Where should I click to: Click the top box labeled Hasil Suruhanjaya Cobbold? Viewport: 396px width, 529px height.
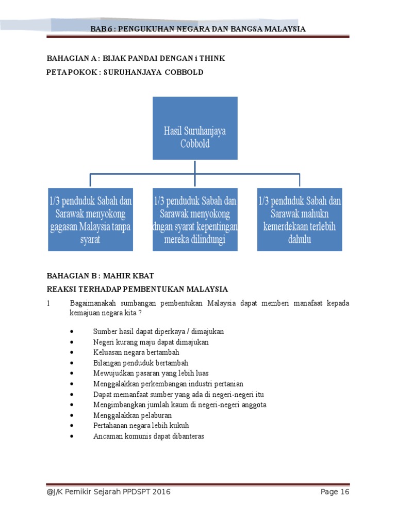click(x=195, y=128)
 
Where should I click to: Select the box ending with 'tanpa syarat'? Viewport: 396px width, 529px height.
click(x=90, y=220)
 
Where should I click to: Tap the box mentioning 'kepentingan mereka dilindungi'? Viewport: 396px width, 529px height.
click(x=195, y=220)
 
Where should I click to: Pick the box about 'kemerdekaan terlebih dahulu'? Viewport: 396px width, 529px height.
click(x=300, y=220)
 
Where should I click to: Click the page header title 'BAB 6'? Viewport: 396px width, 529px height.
click(x=198, y=29)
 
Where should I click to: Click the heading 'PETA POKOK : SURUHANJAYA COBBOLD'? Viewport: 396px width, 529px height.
click(x=125, y=72)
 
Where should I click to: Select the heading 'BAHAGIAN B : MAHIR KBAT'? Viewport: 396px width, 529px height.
click(x=101, y=275)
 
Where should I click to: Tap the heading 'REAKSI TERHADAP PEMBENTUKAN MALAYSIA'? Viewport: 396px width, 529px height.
click(x=138, y=289)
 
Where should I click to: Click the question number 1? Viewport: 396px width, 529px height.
click(x=48, y=303)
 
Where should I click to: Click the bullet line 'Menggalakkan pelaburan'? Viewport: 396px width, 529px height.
click(x=133, y=415)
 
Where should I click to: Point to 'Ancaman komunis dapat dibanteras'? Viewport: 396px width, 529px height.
click(x=148, y=436)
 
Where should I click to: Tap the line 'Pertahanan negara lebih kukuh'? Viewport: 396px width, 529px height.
click(x=141, y=426)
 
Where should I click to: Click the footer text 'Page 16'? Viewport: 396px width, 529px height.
click(x=335, y=492)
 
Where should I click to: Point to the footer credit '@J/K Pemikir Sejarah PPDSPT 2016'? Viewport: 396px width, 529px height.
click(x=108, y=492)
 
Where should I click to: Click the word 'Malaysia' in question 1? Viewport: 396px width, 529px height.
click(x=221, y=303)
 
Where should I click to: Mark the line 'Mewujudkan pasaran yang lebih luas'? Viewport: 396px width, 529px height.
click(x=151, y=373)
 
